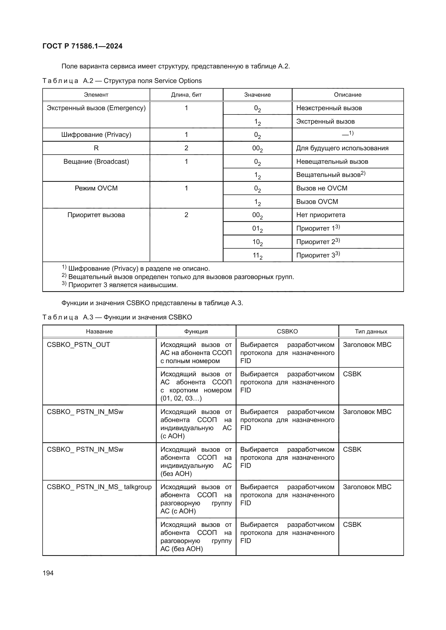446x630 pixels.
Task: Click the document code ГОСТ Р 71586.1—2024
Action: pos(83,46)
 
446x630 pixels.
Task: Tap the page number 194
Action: pos(48,573)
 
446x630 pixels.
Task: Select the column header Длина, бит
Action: pos(186,95)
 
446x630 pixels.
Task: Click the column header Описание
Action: pos(347,95)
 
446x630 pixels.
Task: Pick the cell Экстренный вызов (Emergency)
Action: pos(96,108)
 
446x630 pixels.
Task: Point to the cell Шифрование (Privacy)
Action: pos(96,135)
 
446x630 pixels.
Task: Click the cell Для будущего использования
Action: pos(342,148)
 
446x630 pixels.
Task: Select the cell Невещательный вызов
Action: pos(332,162)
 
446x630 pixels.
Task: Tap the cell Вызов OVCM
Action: pos(317,202)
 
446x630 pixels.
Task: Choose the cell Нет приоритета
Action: pos(321,215)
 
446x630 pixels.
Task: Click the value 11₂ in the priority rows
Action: pos(257,256)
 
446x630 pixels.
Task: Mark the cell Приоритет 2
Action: pos(318,242)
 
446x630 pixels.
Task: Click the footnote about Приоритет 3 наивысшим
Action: pos(123,285)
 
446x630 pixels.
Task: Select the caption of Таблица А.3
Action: pos(117,317)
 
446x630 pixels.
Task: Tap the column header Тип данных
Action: pos(371,332)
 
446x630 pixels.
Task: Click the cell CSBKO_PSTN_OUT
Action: pos(78,345)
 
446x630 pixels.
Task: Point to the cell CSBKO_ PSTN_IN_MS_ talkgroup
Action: pos(99,487)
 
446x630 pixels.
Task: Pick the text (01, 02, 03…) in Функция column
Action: pos(181,398)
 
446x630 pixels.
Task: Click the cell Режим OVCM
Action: pos(96,188)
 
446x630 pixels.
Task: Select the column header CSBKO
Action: pos(287,332)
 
